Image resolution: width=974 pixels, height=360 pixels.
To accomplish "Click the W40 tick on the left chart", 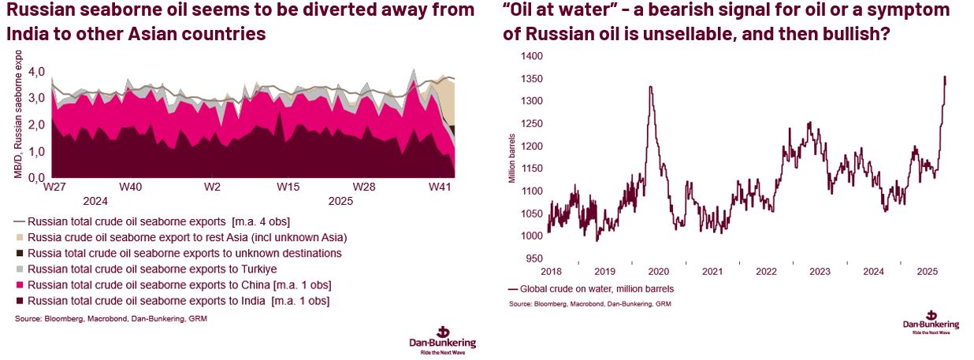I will coord(131,187).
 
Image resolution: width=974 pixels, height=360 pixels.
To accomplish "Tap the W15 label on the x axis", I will coord(288,187).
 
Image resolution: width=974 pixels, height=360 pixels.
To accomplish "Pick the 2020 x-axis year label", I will coord(659,271).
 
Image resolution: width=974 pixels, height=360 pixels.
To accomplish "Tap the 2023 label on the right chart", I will coord(820,271).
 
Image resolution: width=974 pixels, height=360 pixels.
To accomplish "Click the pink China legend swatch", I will coord(20,285).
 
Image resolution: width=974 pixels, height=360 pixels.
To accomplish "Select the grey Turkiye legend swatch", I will coord(20,269).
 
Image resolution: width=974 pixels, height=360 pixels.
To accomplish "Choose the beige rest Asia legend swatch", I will coord(20,237).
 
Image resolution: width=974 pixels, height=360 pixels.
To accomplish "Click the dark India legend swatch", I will coord(20,301).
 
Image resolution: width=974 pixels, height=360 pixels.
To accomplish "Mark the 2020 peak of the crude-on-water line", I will coord(650,87).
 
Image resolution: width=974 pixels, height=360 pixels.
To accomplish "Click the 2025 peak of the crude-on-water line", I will coord(944,76).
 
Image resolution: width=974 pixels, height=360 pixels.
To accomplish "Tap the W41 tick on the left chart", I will coord(440,187).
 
